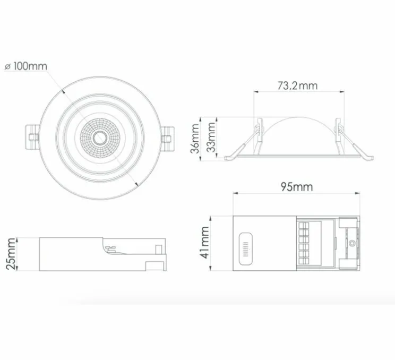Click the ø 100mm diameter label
pos(25,66)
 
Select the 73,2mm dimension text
pos(297,84)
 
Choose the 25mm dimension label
pos(10,254)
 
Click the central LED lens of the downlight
pos(97,139)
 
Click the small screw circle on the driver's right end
pos(353,244)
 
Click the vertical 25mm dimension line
pos(18,254)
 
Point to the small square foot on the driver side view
pos(154,266)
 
